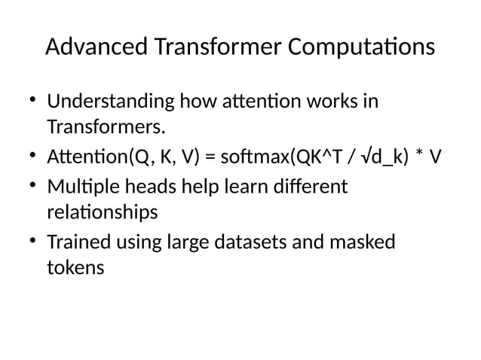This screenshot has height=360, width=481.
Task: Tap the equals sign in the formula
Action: click(x=210, y=157)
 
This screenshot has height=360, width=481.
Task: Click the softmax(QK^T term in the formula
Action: click(x=279, y=157)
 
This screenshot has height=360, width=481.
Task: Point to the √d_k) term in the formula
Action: click(x=384, y=157)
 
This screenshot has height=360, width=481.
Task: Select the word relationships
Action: click(x=102, y=212)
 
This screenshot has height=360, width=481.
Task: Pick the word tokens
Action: click(x=75, y=268)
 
